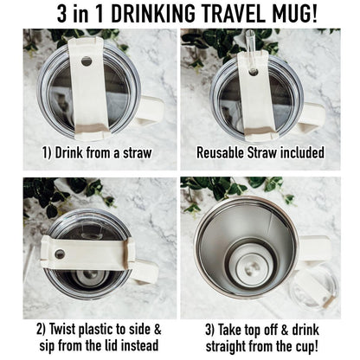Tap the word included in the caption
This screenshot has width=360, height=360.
tap(296, 154)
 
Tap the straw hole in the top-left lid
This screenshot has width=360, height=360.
tap(86, 61)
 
